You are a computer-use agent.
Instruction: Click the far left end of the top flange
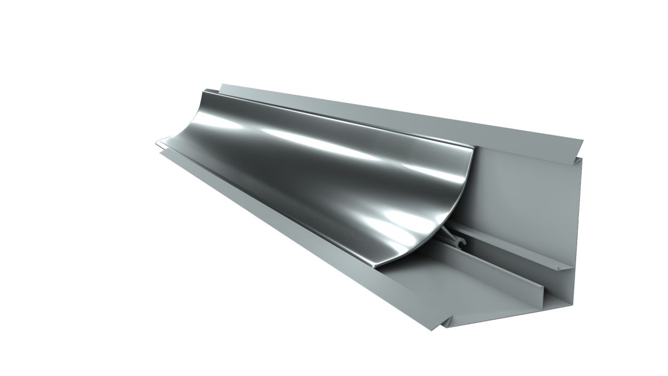click(223, 86)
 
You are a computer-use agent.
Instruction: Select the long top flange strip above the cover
click(390, 111)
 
